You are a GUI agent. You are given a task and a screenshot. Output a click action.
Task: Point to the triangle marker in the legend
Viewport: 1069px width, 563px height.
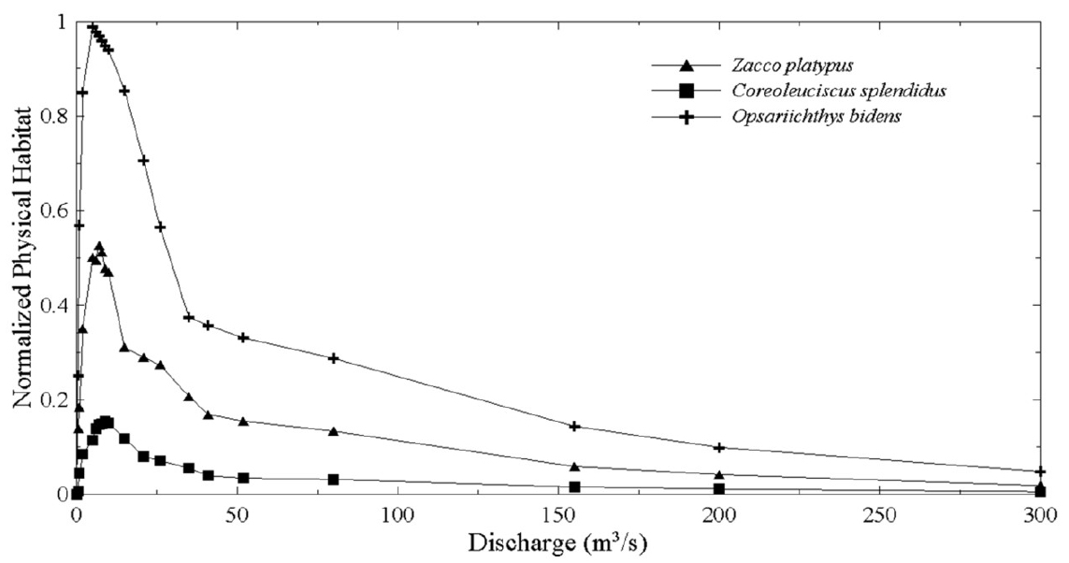[x=686, y=65]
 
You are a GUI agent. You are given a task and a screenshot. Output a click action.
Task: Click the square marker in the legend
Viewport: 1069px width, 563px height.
[x=686, y=91]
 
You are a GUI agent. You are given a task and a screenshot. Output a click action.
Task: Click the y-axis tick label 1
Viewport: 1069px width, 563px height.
[x=62, y=22]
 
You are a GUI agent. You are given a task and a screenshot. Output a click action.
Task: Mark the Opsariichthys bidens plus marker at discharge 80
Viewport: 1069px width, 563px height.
[x=334, y=358]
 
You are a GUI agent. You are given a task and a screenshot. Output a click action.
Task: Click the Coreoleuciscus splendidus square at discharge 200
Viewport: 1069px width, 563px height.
[x=719, y=489]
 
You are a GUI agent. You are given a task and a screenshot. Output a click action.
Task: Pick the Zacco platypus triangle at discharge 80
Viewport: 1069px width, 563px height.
[x=334, y=431]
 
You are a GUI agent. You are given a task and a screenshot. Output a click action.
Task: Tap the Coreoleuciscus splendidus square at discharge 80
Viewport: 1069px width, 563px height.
[x=334, y=480]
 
